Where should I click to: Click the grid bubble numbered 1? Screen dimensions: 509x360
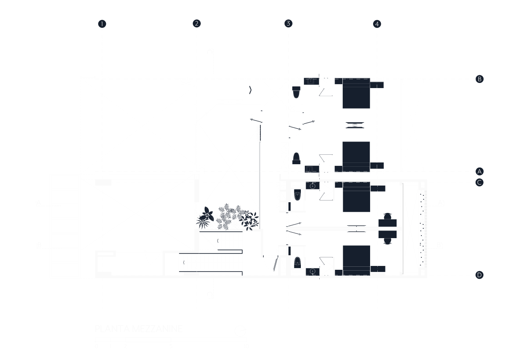pos(102,24)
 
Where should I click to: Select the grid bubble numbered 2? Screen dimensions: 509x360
pos(197,24)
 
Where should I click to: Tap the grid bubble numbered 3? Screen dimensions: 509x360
pos(288,24)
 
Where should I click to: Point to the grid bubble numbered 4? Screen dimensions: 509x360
pos(377,24)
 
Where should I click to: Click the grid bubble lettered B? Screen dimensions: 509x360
pos(480,79)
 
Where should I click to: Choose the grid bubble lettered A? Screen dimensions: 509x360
pos(480,171)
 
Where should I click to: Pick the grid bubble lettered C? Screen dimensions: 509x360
pos(480,183)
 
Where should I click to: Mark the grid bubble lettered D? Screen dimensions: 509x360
pos(480,275)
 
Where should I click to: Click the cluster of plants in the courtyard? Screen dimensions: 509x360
pos(229,218)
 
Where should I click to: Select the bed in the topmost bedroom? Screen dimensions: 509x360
pos(356,93)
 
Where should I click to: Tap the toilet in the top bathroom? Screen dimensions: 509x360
pos(296,92)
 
